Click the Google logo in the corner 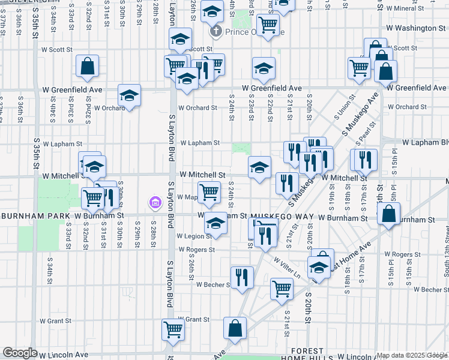pos(20,353)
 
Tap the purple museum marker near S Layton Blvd pos(155,203)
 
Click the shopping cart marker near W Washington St pos(268,25)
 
